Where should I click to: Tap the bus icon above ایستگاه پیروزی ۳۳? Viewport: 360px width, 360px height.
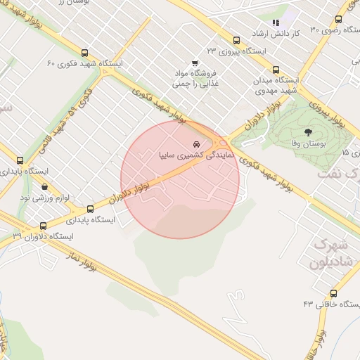coord(236,40)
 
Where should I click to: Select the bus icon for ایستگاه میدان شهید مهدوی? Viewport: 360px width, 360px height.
coord(275,70)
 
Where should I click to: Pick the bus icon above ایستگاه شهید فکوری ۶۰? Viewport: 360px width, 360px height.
coord(85,53)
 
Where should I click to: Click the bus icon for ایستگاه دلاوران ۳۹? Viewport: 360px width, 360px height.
coord(44,226)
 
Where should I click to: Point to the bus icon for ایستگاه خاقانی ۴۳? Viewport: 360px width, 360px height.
coord(333,293)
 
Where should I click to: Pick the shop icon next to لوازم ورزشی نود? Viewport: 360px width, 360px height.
coord(46,188)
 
